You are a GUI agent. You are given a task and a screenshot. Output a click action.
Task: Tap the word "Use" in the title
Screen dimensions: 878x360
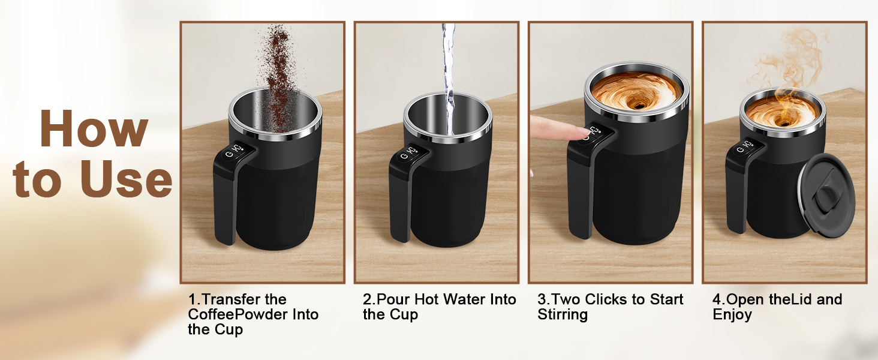126,179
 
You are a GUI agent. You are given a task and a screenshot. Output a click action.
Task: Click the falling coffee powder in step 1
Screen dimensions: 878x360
279,79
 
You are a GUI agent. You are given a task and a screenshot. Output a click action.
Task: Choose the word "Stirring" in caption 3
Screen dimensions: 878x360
563,315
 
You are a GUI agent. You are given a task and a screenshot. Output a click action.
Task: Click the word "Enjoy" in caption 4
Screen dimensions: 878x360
732,315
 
